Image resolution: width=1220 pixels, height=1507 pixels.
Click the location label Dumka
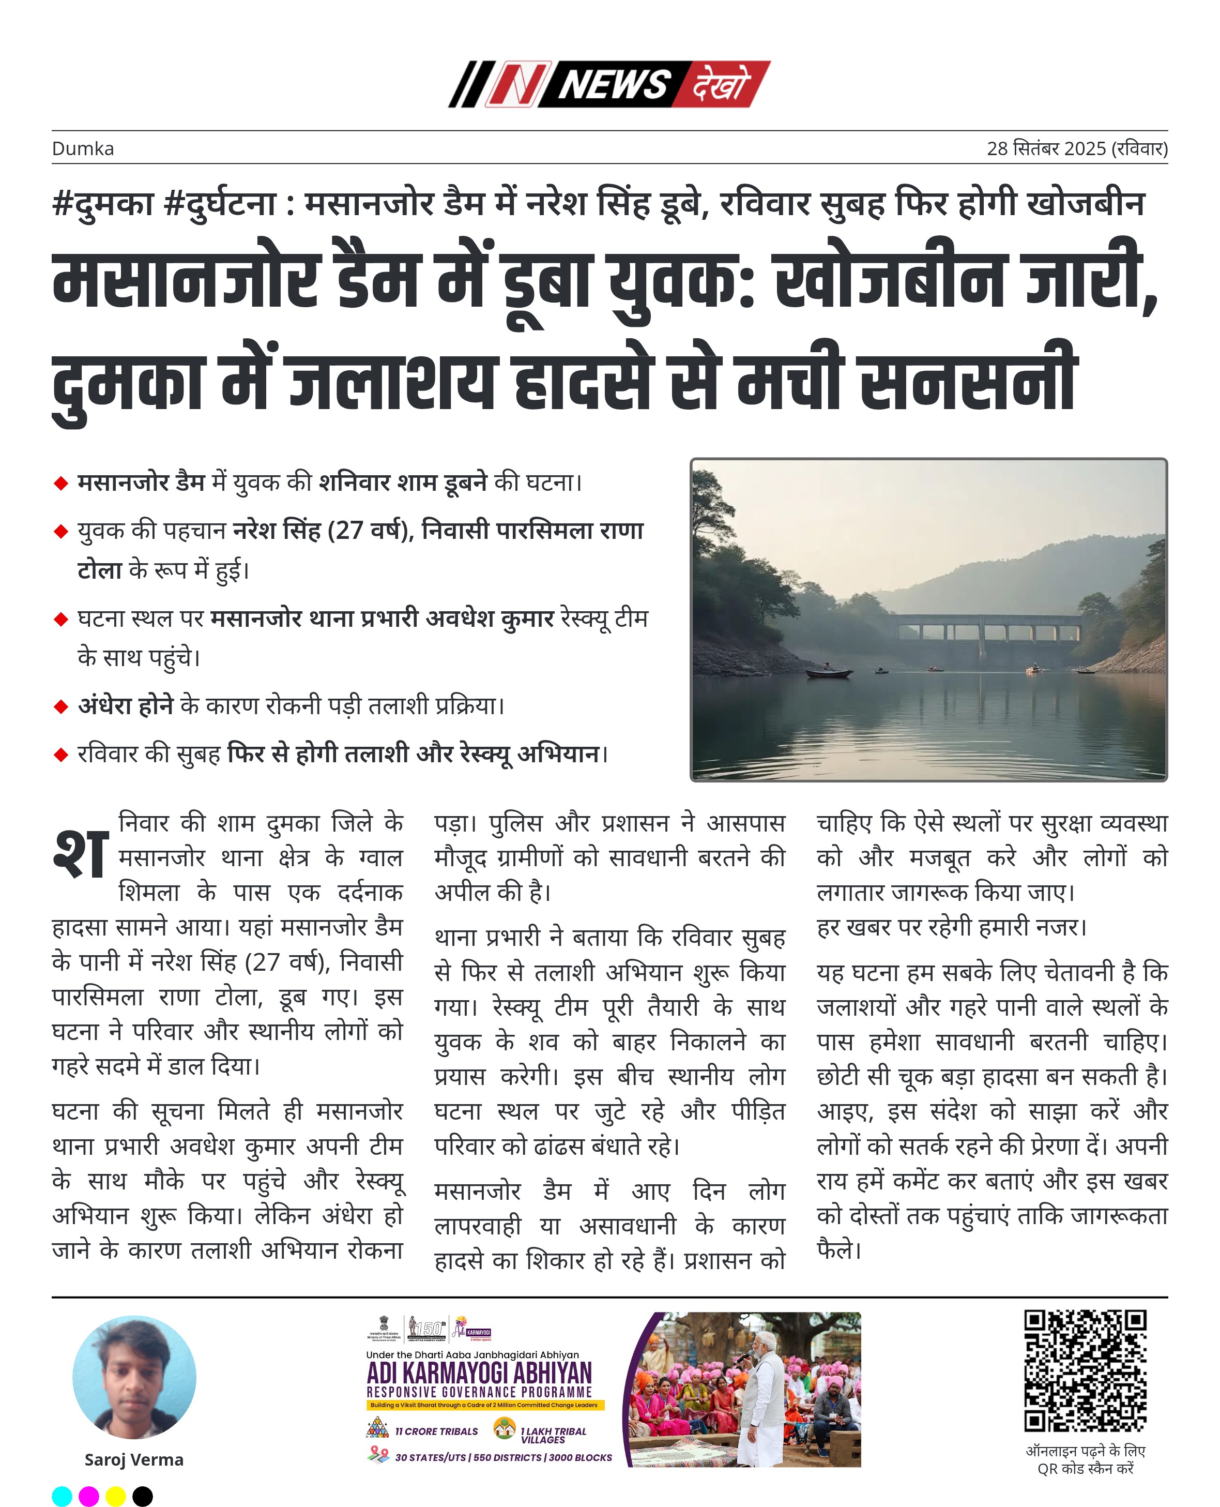coord(83,149)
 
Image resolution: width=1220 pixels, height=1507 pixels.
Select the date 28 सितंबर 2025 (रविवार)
coord(1077,149)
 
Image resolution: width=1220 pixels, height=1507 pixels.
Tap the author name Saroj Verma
coord(133,1459)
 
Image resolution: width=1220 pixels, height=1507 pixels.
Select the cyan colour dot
coord(62,1497)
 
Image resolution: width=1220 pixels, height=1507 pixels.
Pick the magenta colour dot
coord(88,1497)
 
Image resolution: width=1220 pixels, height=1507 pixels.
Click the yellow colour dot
coord(115,1497)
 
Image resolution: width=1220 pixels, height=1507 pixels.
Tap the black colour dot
coord(142,1497)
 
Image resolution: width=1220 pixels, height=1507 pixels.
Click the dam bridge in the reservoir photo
coord(991,629)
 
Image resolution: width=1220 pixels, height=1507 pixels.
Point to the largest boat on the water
coord(829,673)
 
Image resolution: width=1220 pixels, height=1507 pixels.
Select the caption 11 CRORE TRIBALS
coord(436,1431)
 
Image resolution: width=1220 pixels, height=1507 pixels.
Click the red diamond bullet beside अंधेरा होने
coord(61,706)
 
